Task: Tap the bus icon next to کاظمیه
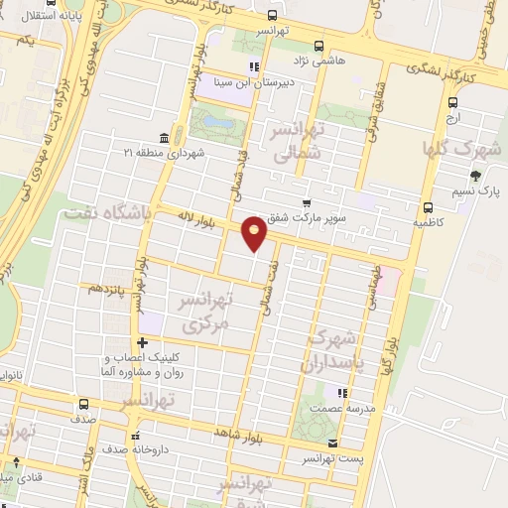tap(428, 208)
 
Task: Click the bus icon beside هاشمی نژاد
tap(318, 45)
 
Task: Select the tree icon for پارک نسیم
tap(475, 176)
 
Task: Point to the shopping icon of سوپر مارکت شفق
tap(308, 203)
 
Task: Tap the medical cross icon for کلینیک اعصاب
tap(143, 343)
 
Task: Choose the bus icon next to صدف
tap(82, 404)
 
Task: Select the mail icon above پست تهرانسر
tap(332, 443)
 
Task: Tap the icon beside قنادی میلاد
tap(15, 464)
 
